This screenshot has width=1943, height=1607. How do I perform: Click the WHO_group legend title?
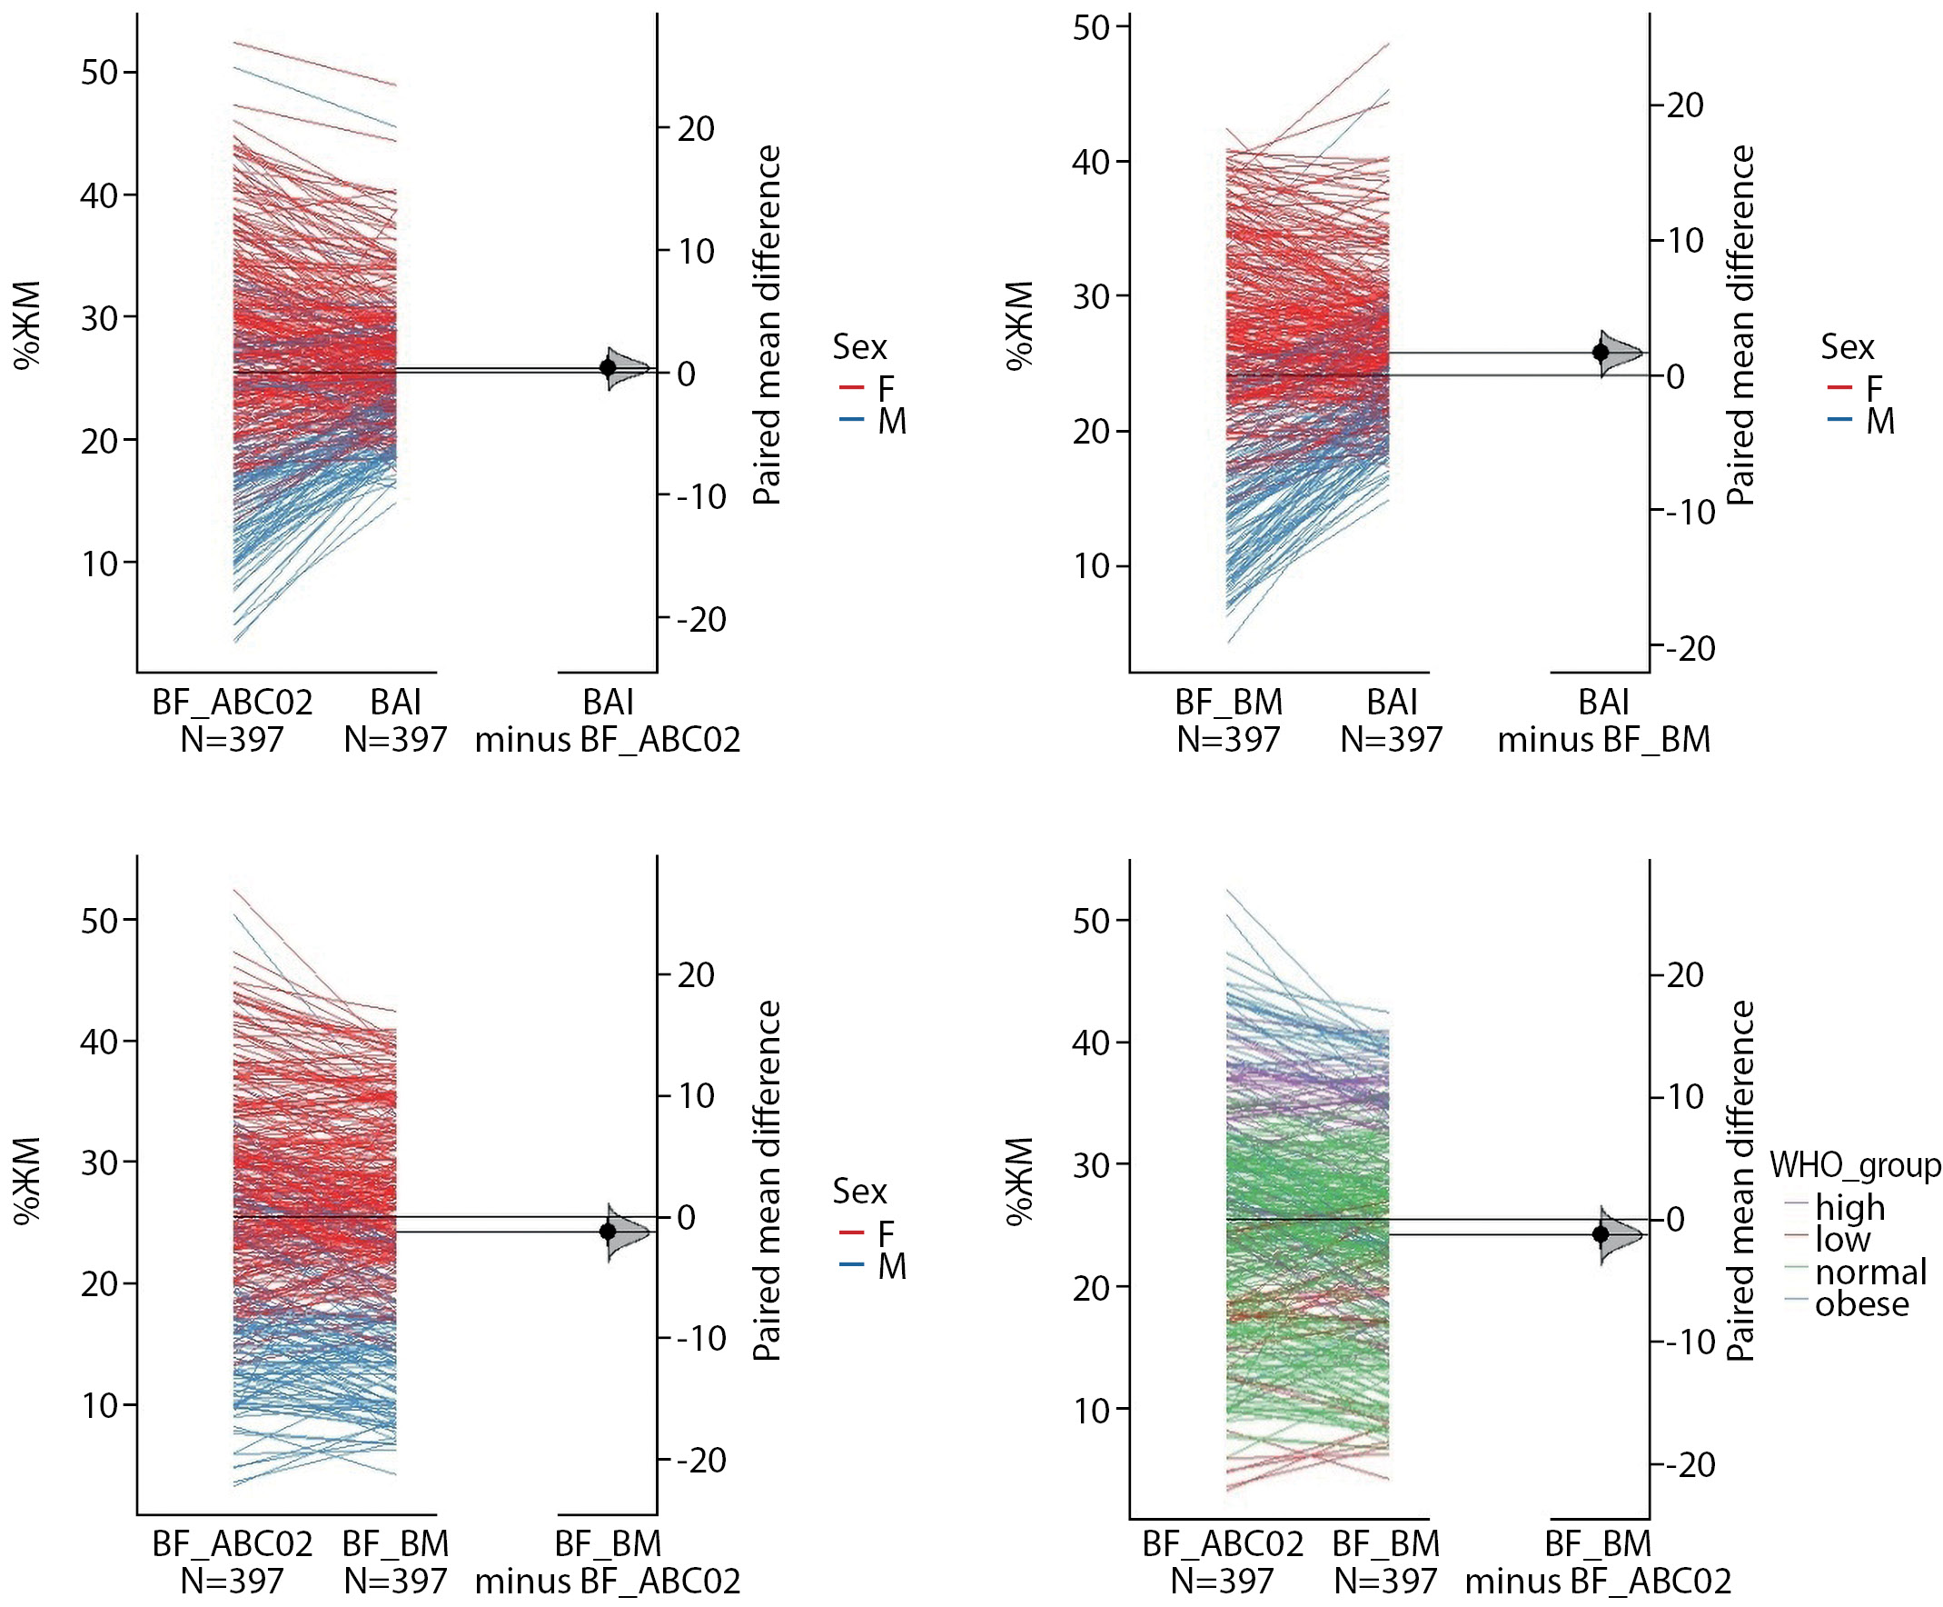[1854, 1165]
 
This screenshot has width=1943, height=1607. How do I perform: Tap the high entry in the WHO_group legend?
[1849, 1207]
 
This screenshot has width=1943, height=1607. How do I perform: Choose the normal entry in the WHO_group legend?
[1870, 1272]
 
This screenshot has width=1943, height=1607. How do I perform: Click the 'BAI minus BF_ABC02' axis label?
[608, 721]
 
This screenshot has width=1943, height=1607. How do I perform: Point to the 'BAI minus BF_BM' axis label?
[1603, 721]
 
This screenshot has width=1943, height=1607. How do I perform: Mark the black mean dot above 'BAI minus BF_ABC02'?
[608, 367]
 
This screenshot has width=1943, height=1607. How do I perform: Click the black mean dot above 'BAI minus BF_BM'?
[1601, 352]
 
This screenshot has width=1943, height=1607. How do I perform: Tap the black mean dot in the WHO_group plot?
[1601, 1234]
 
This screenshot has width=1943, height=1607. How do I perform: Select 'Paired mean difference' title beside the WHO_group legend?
[1740, 1181]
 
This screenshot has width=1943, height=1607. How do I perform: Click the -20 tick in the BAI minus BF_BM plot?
[1690, 649]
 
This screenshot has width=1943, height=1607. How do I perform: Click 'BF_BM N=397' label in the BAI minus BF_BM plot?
[1229, 721]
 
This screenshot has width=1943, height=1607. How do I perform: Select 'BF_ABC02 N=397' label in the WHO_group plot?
[1223, 1562]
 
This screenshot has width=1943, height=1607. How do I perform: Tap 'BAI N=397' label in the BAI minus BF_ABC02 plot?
[396, 721]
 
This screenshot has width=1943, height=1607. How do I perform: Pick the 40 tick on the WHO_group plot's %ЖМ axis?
[1091, 1043]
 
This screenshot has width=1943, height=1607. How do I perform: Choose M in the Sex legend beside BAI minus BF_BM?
[1879, 422]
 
